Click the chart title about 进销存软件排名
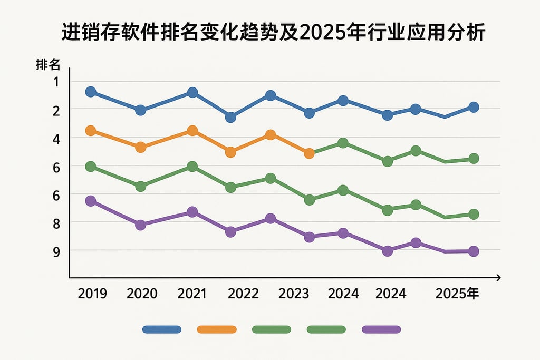point(270,33)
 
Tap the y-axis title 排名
point(48,65)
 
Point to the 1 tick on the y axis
point(57,82)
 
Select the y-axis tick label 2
point(57,110)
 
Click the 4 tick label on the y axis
point(57,138)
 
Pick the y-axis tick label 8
point(57,223)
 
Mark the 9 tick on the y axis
point(57,251)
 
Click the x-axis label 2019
point(92,294)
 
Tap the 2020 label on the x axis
point(142,294)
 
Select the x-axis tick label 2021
point(192,294)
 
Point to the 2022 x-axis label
point(243,294)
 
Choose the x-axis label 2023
point(293,294)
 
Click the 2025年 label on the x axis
point(457,294)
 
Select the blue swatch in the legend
point(161,329)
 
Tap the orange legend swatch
point(216,329)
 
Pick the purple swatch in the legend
point(382,329)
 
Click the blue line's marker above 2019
point(91,92)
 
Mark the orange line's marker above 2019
point(91,131)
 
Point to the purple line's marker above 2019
point(91,201)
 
